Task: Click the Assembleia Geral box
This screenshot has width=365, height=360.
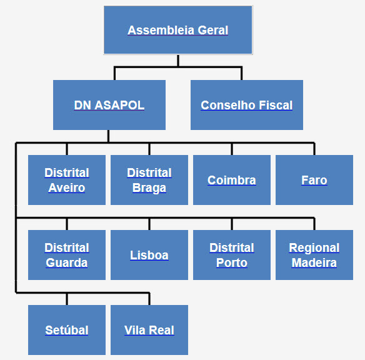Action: click(178, 30)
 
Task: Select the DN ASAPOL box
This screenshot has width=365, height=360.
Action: click(109, 105)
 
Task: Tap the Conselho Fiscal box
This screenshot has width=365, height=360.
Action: click(247, 105)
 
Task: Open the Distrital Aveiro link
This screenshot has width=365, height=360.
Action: click(67, 180)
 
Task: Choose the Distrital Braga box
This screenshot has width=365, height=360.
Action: click(149, 180)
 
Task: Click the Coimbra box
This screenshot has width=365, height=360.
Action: click(232, 180)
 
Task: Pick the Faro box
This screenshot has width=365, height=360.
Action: click(314, 180)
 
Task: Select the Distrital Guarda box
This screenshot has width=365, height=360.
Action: click(67, 255)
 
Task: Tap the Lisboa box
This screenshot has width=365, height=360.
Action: click(149, 255)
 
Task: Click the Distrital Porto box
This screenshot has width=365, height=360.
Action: click(232, 255)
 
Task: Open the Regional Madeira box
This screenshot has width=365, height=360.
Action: click(314, 255)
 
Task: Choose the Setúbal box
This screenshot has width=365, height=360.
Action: click(67, 330)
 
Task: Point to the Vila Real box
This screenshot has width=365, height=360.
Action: click(149, 330)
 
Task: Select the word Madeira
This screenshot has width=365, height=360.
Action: click(314, 262)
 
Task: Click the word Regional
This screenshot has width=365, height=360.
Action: click(314, 248)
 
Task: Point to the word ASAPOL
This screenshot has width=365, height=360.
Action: click(119, 105)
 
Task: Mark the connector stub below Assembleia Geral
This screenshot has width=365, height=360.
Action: click(178, 61)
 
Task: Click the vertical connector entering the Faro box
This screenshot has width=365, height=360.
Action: click(314, 149)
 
